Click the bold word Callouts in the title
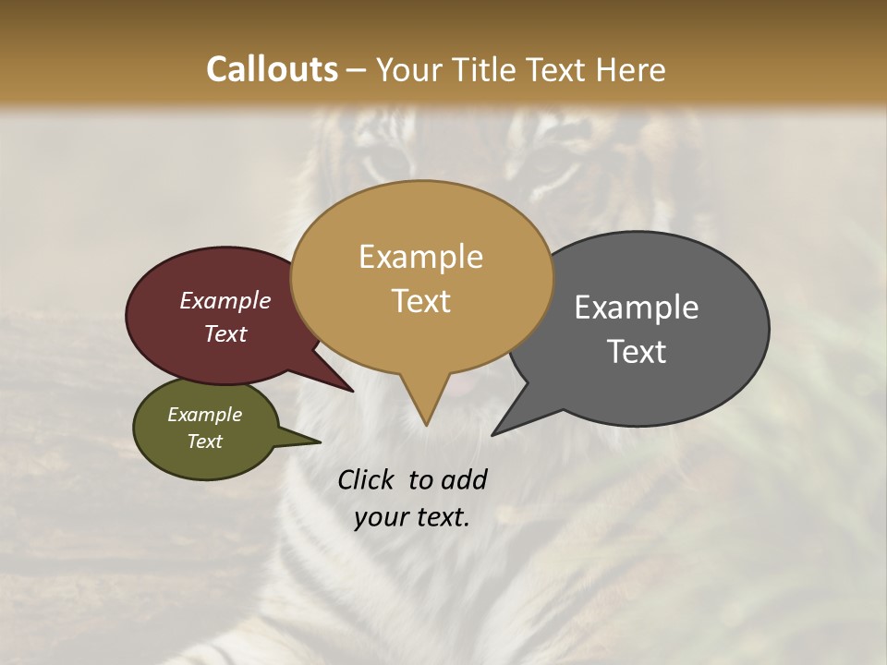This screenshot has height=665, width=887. (x=272, y=69)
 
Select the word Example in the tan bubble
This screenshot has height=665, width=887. (x=420, y=257)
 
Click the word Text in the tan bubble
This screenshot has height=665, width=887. (x=420, y=301)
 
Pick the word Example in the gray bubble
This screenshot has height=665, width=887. (x=637, y=308)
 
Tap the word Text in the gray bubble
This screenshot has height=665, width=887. (x=637, y=352)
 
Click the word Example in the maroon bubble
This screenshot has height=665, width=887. (x=225, y=300)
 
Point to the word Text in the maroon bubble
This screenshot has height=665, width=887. (x=225, y=333)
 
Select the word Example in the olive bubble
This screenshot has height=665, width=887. (x=205, y=415)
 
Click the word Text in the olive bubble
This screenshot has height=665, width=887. (x=205, y=441)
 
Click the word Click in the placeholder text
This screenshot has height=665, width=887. (x=365, y=480)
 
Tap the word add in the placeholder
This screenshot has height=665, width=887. (x=465, y=480)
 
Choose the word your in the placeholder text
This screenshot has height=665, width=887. (x=382, y=517)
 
